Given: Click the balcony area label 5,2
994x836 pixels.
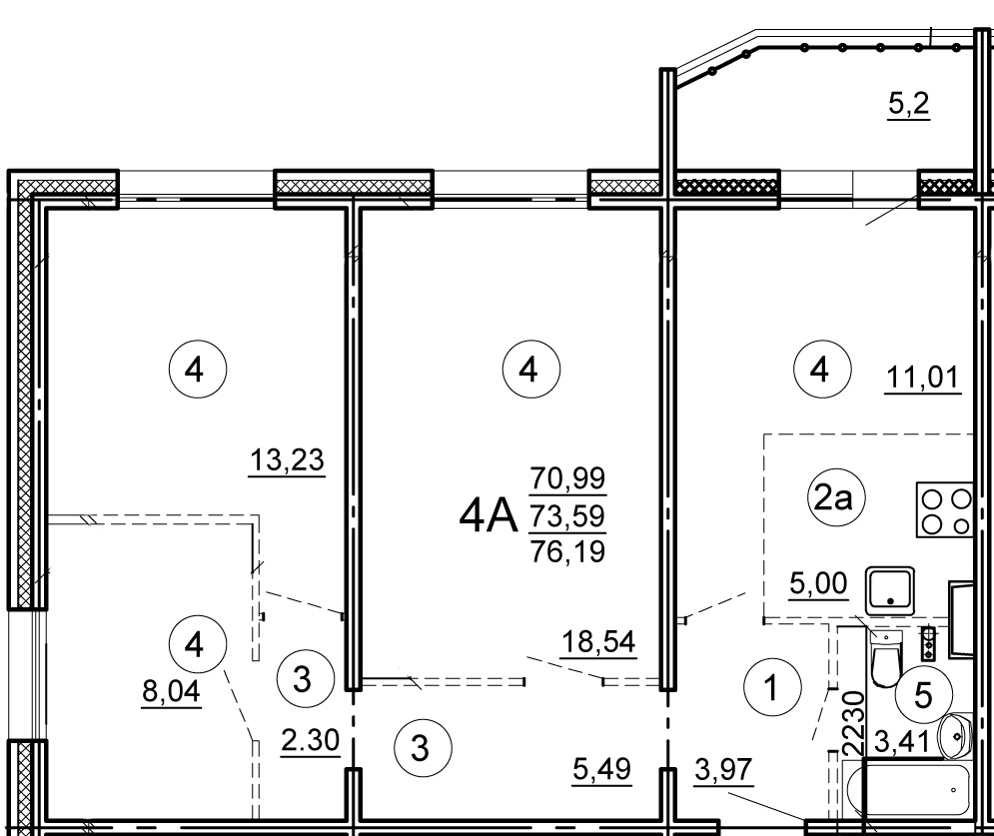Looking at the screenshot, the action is point(908,103).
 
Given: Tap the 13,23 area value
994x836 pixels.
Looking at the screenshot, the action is point(287,459).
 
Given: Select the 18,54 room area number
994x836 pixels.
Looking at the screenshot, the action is point(597,641).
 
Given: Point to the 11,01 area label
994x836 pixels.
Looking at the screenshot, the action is point(922,378).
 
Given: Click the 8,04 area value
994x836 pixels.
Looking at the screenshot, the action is point(171,691).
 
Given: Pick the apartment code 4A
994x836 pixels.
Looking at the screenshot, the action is point(489,516).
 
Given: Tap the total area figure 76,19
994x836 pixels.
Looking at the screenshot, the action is point(568,551).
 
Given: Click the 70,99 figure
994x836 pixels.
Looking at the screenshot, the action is point(568,477).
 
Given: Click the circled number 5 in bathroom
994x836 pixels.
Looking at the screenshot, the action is point(923,695).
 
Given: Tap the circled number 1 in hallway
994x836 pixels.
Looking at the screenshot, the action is point(771,688).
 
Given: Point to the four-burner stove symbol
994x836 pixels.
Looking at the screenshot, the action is point(944,509).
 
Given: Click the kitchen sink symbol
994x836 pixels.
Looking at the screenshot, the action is point(890,590).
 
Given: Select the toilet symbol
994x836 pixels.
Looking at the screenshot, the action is point(885,658).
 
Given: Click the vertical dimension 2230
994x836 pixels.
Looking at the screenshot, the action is point(854,723).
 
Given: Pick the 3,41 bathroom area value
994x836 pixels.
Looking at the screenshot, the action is point(901,741).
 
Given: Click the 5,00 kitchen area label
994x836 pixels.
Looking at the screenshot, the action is point(818,582).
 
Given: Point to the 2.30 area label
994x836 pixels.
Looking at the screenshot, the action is point(310,740).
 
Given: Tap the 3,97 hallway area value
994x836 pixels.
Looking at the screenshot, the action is point(723,769).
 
